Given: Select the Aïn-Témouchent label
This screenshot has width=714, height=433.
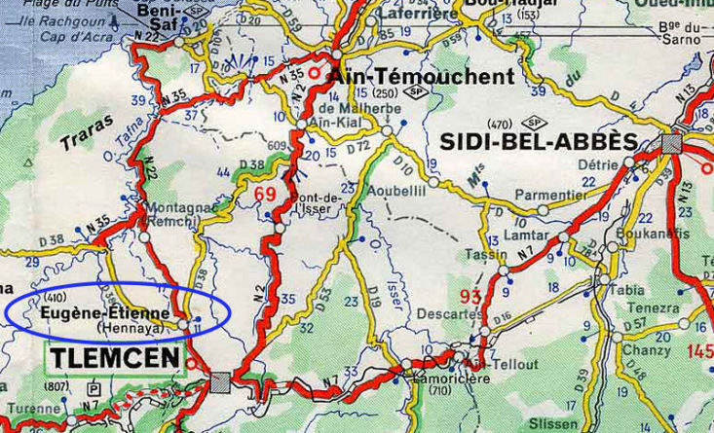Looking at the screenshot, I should (422, 77).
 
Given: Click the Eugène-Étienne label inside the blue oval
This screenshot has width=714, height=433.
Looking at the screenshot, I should (105, 314).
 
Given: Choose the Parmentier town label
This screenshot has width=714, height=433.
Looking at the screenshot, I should (547, 195).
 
